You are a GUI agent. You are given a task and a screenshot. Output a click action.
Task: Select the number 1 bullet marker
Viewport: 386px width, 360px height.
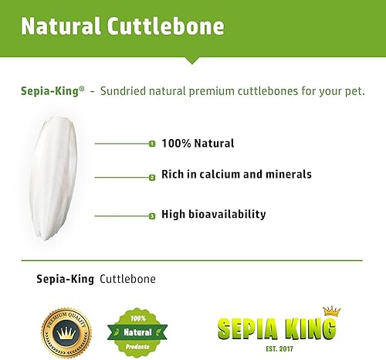point(152,144)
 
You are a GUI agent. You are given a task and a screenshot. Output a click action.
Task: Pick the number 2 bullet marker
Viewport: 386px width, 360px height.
point(152,177)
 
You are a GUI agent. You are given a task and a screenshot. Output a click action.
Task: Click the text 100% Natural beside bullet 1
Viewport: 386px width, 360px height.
point(198,144)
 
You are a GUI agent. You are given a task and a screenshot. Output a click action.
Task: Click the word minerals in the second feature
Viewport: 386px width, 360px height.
point(287,175)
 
